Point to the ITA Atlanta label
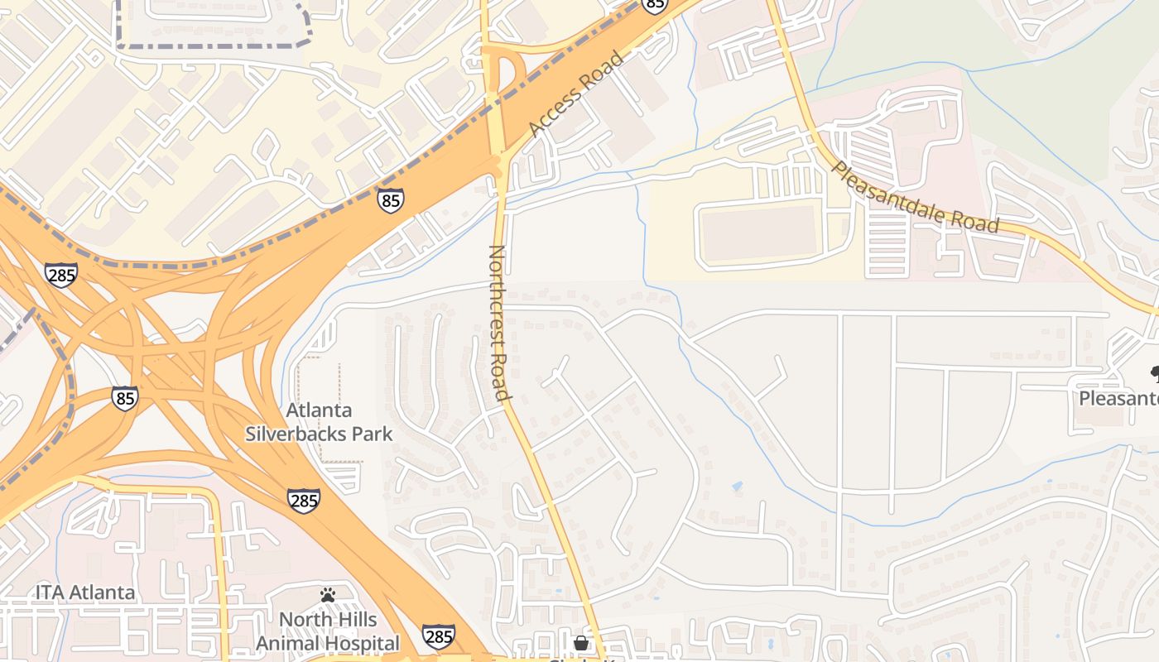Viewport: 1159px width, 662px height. click(84, 592)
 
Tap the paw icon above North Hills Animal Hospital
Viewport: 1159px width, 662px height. click(328, 595)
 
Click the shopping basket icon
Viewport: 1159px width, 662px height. click(581, 642)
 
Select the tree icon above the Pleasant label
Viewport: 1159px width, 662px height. click(1153, 374)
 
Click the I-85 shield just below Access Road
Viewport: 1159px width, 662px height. click(390, 199)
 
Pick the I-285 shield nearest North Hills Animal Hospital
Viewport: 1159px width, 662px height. click(438, 636)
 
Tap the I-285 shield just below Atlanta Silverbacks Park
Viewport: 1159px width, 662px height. click(304, 500)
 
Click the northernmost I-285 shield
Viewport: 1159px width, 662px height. click(61, 275)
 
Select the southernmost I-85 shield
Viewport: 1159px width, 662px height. click(125, 398)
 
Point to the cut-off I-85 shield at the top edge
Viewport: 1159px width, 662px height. click(654, 5)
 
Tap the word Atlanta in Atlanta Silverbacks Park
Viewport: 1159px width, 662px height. click(319, 410)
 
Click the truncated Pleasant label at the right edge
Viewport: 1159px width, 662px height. click(1118, 399)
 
